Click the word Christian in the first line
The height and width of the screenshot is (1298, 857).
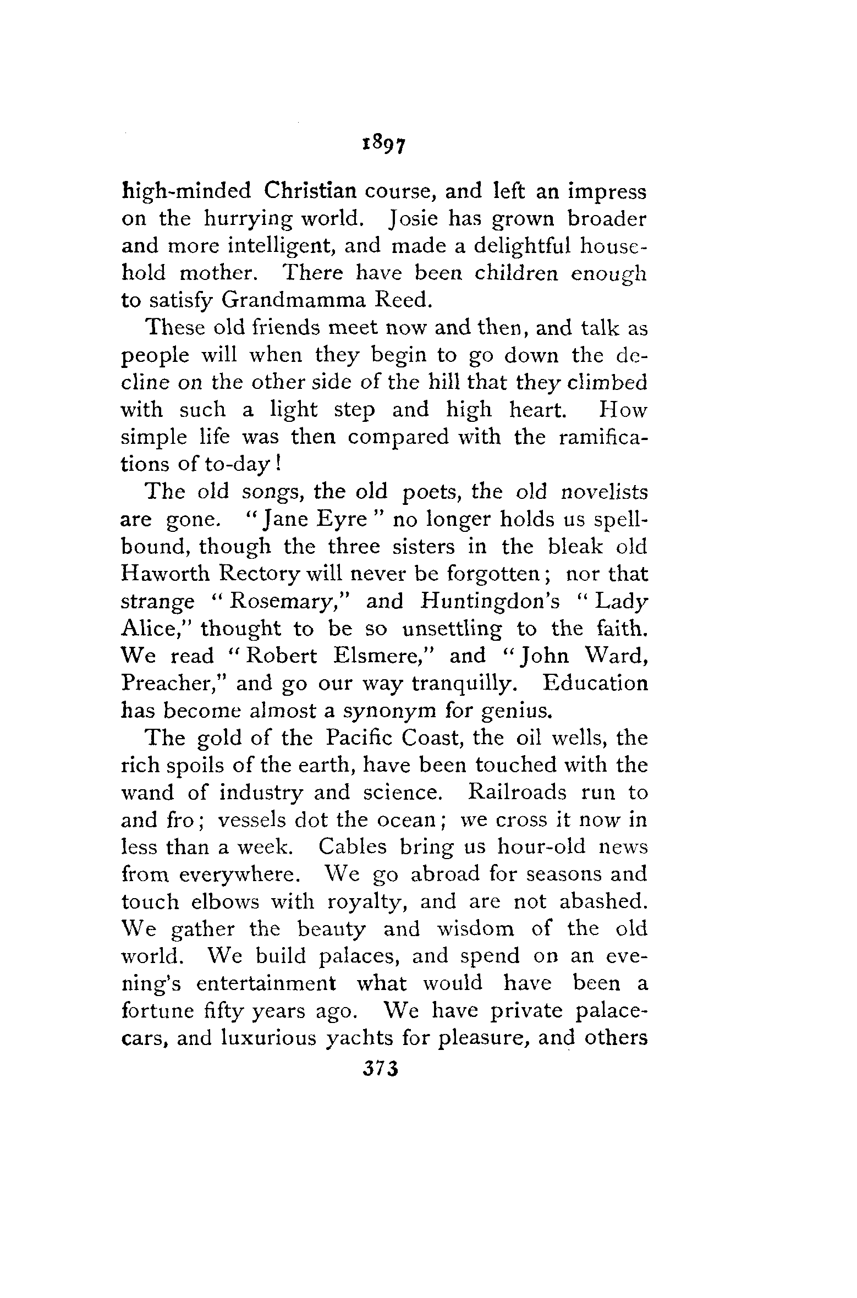[310, 191]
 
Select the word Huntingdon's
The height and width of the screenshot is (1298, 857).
[490, 601]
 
